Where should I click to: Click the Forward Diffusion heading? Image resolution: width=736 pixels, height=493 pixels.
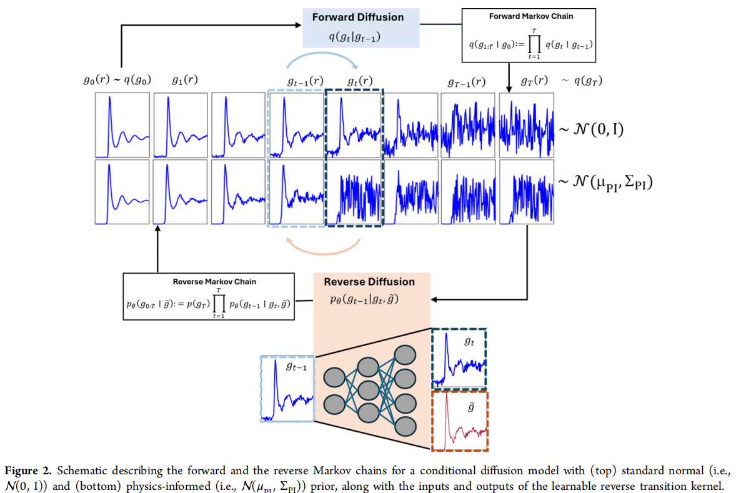click(357, 17)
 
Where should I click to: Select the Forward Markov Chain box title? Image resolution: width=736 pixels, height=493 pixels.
click(531, 16)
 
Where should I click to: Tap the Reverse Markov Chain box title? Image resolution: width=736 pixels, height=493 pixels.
click(214, 282)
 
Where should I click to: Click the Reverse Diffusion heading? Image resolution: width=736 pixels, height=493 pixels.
click(369, 282)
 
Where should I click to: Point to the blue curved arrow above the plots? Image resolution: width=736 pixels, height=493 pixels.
click(322, 54)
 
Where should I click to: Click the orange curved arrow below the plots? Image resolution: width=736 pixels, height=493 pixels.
click(323, 252)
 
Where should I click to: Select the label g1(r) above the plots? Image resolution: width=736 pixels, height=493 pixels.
click(184, 80)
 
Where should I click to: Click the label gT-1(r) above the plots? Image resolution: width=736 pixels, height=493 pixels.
click(466, 82)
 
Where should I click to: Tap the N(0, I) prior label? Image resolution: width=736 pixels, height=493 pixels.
click(591, 129)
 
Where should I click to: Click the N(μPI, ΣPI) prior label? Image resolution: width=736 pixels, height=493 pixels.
click(605, 182)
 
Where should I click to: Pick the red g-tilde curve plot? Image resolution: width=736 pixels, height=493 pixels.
click(460, 421)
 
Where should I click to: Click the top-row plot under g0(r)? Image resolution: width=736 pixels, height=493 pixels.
click(122, 125)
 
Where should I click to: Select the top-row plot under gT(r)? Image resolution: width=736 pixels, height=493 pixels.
click(527, 126)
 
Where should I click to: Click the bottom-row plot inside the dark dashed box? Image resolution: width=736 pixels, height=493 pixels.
click(354, 192)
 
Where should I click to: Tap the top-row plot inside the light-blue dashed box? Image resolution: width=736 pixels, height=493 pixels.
click(297, 125)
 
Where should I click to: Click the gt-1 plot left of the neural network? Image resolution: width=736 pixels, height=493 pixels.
click(288, 389)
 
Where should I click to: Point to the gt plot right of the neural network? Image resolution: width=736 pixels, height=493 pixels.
click(459, 359)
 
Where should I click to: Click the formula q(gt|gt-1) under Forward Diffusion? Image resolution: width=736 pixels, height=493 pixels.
click(354, 37)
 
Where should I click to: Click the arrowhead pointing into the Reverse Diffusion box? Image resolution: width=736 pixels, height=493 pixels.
click(434, 299)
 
